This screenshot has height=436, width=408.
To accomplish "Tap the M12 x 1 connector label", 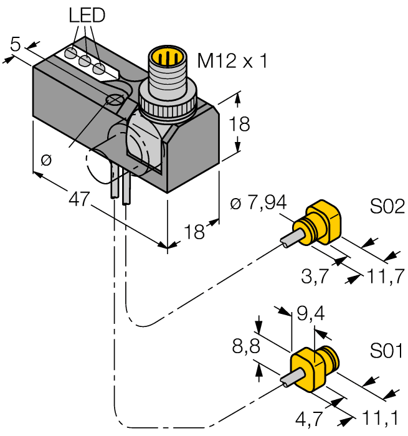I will [232, 60].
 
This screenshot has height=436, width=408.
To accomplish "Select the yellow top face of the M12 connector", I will [166, 57].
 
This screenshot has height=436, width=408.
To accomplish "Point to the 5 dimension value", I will [16, 44].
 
